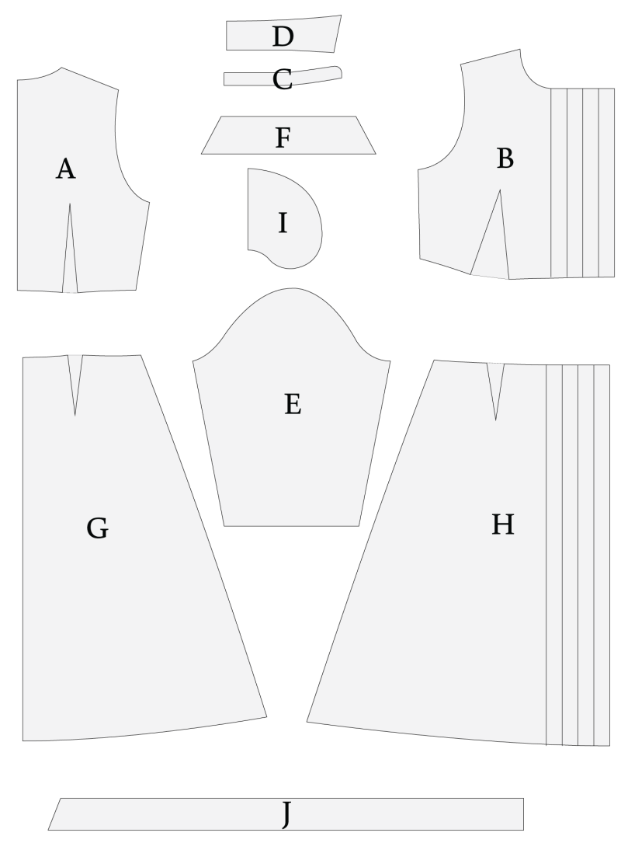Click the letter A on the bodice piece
click(65, 169)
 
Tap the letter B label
click(505, 159)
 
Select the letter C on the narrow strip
click(283, 80)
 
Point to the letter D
click(283, 37)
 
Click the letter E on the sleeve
click(293, 405)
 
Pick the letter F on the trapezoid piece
click(283, 138)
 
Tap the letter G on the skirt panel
click(97, 528)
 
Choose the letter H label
click(502, 524)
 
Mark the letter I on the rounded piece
click(283, 223)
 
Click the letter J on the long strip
click(286, 814)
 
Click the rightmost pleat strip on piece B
click(607, 183)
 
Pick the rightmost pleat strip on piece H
click(602, 555)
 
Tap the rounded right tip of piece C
click(340, 73)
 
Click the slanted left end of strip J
click(54, 813)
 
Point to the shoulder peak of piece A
click(61, 68)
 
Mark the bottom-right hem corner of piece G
click(266, 716)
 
